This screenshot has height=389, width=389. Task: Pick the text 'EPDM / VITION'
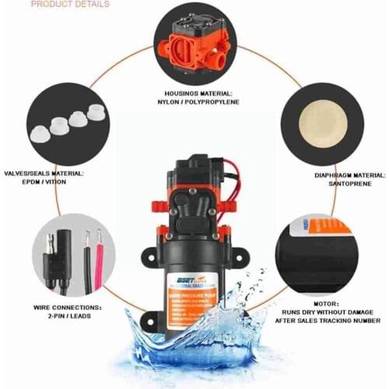47,184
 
